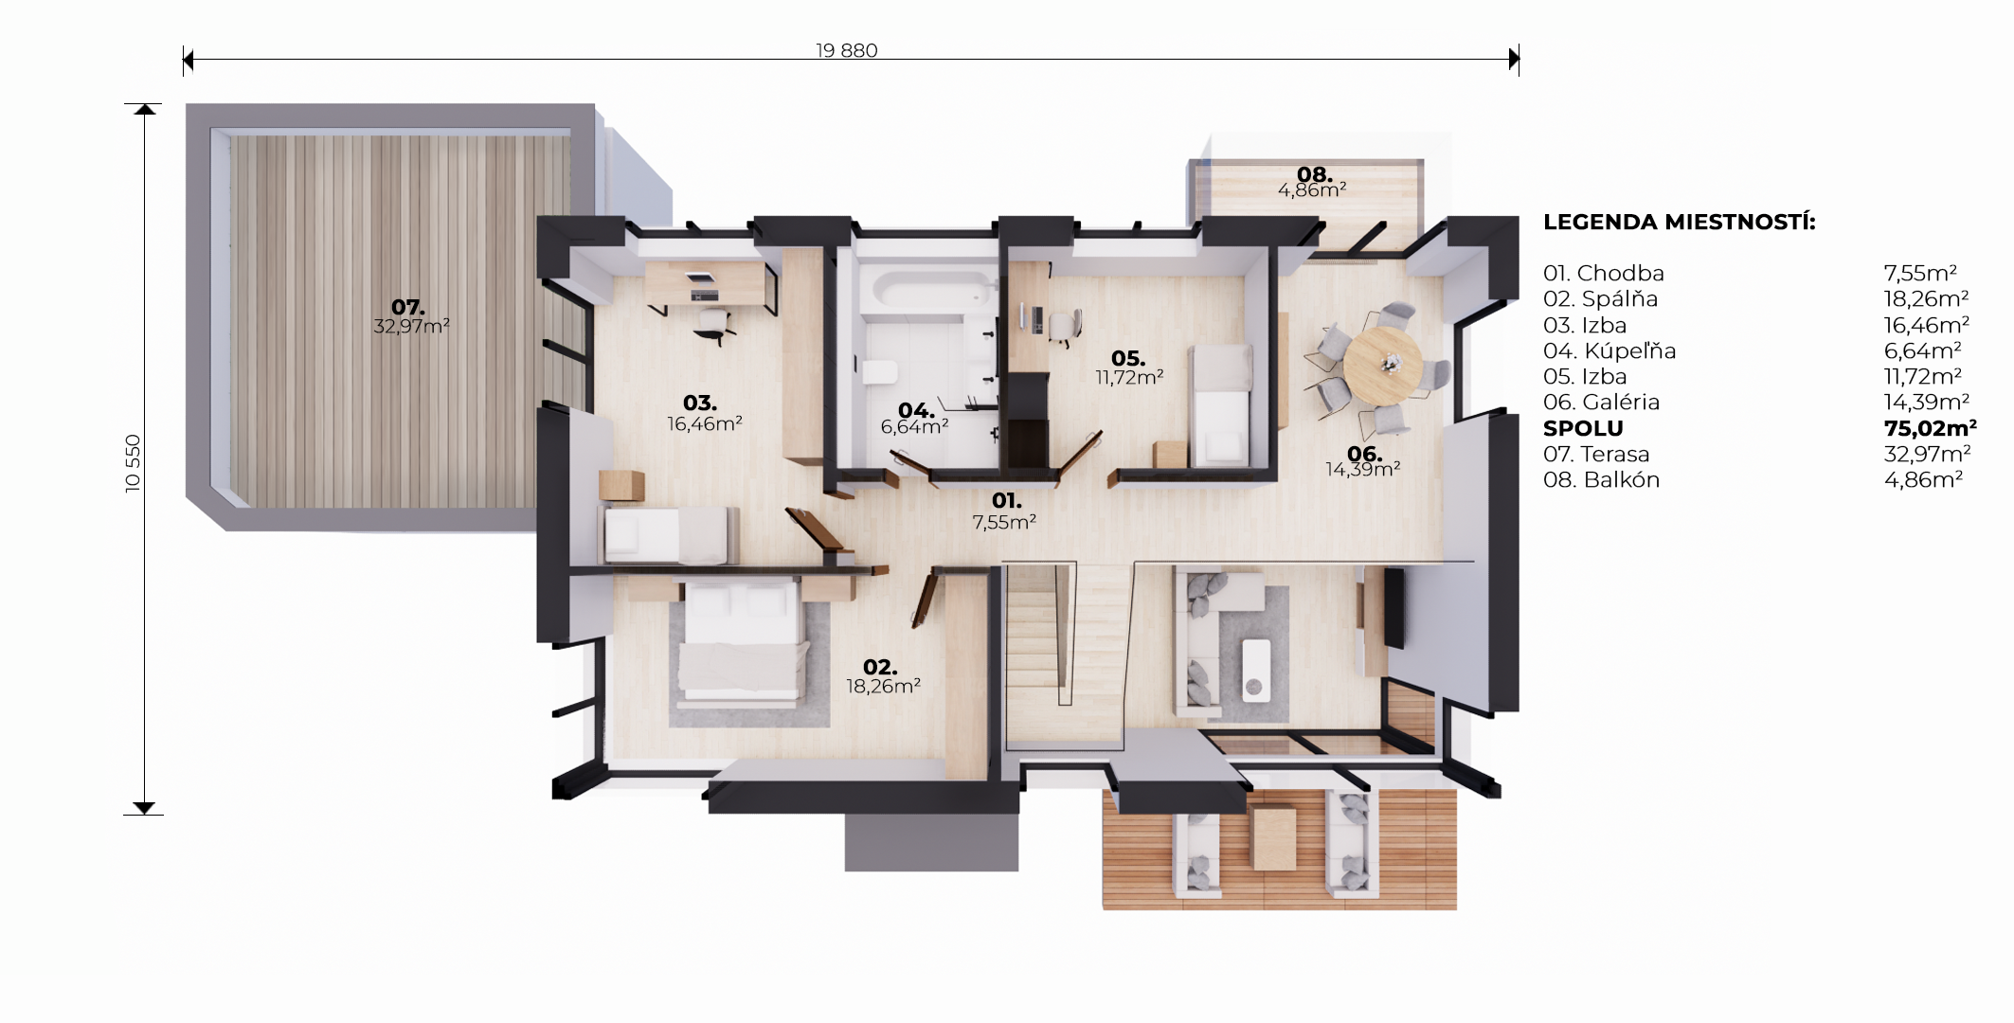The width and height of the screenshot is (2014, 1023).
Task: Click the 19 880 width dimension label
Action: coord(847,50)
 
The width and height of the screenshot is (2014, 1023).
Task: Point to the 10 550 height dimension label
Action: coord(133,463)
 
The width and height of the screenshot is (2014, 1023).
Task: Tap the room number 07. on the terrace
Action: coord(408,307)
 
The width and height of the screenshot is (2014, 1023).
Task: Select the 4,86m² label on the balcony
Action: coord(1312,190)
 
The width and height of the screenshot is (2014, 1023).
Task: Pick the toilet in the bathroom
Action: coord(879,370)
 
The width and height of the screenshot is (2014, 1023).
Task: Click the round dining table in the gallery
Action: coord(1382,364)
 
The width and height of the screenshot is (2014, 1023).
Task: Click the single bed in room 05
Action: coord(1221,405)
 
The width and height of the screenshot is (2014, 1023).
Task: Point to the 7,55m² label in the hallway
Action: coord(1004,522)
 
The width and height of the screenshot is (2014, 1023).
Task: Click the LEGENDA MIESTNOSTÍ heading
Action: coord(1680,222)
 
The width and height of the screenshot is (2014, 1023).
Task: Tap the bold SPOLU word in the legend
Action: coord(1583,428)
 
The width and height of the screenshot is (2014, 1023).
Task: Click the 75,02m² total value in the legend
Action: coord(1930,428)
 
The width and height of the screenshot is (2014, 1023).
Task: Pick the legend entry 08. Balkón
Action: coord(1601,480)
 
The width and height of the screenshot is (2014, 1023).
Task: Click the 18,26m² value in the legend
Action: coord(1926,299)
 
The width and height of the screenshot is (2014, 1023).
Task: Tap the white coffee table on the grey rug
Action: coord(1256,670)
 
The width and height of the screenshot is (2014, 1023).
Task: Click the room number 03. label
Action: coord(700,403)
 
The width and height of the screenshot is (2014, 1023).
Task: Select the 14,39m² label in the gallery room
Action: coord(1362,469)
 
